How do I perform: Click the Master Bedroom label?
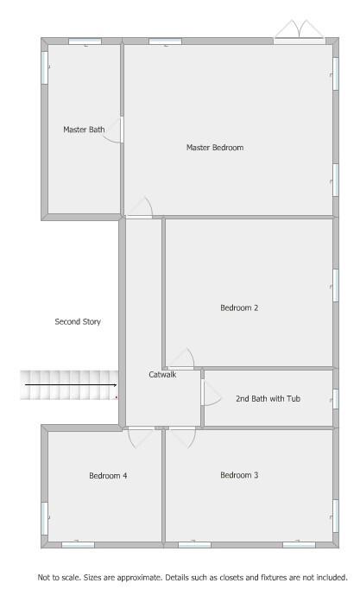215,148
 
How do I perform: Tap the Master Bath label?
84,130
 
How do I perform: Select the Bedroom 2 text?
239,307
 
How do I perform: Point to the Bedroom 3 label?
239,475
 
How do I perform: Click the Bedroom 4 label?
108,476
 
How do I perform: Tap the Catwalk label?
162,374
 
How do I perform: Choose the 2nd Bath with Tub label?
268,398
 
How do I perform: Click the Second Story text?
78,321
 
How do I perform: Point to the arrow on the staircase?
71,384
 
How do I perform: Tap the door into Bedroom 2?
181,359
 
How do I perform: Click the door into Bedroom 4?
142,438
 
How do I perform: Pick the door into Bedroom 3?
183,438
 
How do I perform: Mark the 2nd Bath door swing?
212,392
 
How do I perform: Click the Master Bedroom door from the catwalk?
140,207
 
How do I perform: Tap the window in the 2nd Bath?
336,399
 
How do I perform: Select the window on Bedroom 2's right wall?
336,285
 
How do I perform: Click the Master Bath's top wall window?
85,41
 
